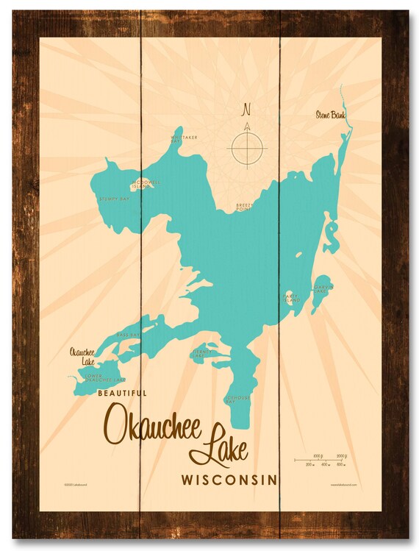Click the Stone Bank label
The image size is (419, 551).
point(330,114)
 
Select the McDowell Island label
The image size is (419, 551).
point(140,184)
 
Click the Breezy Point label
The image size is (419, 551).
point(245,207)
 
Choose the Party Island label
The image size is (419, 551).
point(291,297)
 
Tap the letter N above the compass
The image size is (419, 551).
point(246,110)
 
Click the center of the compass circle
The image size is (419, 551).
point(247,149)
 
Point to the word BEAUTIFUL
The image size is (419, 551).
point(122,394)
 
